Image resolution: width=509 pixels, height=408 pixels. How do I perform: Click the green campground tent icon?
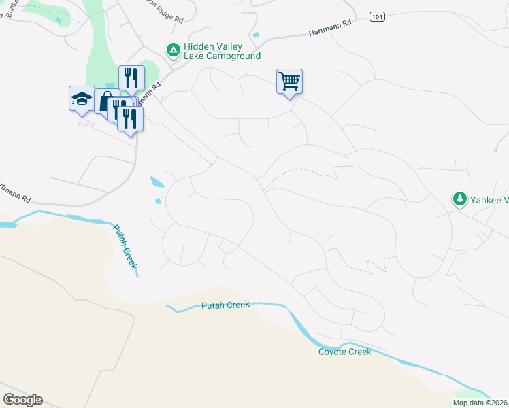point(173,50)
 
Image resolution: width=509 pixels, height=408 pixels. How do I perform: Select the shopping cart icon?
point(289,82)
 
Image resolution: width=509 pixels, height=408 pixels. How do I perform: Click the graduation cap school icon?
point(82,99)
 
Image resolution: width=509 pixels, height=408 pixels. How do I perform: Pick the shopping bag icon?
point(105,102)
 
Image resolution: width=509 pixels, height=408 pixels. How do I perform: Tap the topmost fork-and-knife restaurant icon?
point(131,78)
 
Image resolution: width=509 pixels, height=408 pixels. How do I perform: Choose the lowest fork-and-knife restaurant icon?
point(129,118)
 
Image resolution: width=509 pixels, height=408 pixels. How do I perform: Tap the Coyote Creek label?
point(345,352)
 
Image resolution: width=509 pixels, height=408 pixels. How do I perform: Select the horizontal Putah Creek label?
point(225,305)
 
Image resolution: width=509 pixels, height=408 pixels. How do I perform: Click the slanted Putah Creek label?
point(125,248)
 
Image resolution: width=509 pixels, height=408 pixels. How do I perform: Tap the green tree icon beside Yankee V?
point(460,199)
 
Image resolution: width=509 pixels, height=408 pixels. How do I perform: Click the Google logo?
point(22,399)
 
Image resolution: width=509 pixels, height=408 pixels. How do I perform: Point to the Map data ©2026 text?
point(480,403)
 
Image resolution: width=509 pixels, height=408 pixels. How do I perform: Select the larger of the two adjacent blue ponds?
point(157,182)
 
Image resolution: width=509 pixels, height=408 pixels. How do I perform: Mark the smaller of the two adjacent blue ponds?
point(159,201)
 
